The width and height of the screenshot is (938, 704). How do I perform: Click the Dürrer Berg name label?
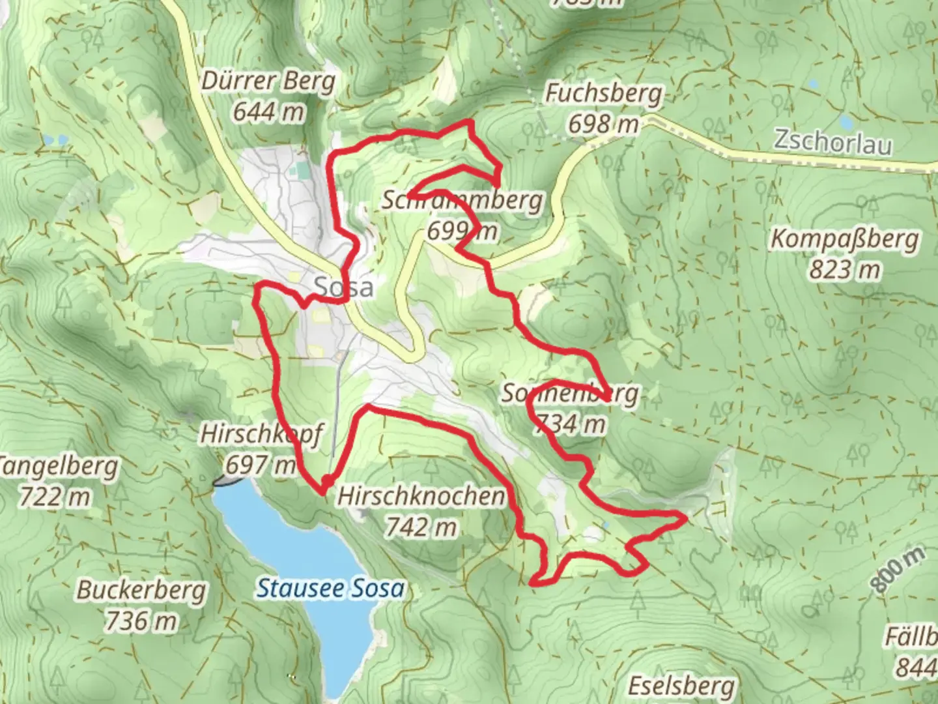point(268,82)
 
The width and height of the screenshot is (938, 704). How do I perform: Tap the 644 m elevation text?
point(268,112)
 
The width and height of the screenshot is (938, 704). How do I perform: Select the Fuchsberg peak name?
point(603,94)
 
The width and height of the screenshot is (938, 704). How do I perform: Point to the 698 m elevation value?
point(603,123)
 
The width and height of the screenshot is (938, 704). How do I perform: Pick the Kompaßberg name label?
point(844,239)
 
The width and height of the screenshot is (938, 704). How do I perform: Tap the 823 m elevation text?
point(844,269)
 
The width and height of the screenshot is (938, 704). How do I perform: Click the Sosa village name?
point(343,287)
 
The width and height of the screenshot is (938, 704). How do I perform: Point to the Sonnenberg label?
point(570,394)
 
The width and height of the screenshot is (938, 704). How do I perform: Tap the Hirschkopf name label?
point(261,435)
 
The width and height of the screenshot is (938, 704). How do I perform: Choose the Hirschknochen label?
point(421,497)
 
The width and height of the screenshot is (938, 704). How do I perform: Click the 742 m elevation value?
point(421,526)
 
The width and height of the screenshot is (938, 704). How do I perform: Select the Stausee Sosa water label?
point(330,589)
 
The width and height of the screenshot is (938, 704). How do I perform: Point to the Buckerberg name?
point(141,591)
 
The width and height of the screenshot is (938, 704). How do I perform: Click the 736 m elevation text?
point(141,620)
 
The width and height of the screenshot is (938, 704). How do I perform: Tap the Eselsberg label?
point(681,686)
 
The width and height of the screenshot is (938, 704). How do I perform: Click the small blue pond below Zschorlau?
point(846,122)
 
